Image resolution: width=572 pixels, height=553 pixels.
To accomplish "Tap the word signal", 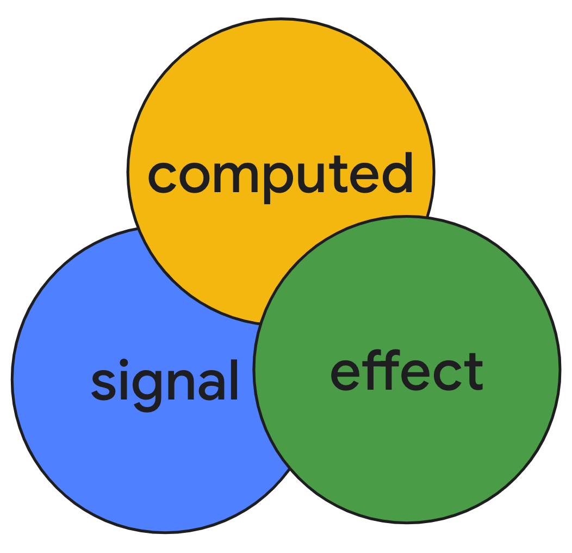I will click(165, 381).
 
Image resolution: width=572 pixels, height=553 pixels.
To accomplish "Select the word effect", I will click(407, 372).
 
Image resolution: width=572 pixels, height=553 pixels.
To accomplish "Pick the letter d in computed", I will click(396, 173).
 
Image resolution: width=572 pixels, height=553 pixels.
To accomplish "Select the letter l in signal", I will click(233, 378).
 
